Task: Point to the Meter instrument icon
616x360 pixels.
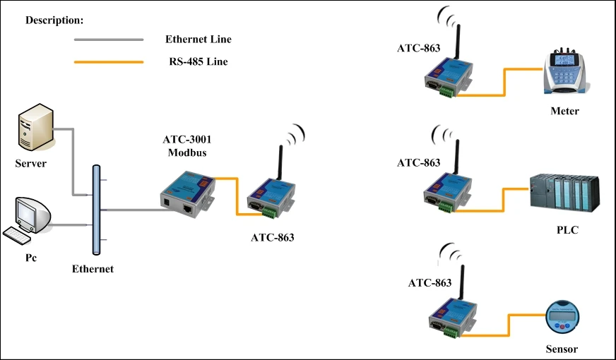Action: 563,73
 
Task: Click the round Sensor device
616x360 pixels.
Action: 561,317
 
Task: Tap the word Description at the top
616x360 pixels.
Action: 54,20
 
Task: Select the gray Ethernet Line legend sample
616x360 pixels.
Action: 109,40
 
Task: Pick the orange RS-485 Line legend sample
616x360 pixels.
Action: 109,62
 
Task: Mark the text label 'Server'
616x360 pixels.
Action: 30,164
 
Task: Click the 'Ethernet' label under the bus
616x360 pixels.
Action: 93,269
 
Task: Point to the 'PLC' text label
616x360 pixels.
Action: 567,230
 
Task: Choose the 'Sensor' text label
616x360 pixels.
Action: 562,349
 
